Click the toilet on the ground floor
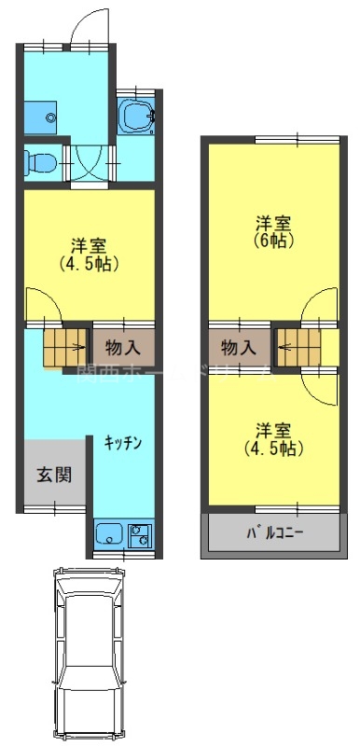[x=40, y=161]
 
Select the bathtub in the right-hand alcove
[x=138, y=117]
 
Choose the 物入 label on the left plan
[x=123, y=347]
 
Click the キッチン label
[x=123, y=443]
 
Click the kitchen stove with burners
[x=142, y=535]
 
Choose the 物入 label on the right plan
[x=240, y=347]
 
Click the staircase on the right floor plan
[x=296, y=347]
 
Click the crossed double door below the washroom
[x=90, y=163]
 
